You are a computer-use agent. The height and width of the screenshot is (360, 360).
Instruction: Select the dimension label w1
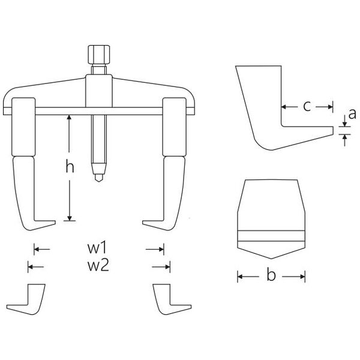click(98, 248)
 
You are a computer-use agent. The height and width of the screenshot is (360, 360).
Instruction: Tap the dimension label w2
click(98, 266)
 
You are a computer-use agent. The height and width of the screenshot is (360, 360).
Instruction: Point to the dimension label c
click(307, 106)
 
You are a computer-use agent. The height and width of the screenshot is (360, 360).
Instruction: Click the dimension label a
click(352, 114)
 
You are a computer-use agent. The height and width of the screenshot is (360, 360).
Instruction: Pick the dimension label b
click(271, 275)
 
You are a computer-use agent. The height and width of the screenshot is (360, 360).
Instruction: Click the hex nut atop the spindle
click(99, 55)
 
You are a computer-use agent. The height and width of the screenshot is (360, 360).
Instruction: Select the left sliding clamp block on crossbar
click(23, 127)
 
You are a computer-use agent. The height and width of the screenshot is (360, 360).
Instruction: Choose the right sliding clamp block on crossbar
click(174, 127)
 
